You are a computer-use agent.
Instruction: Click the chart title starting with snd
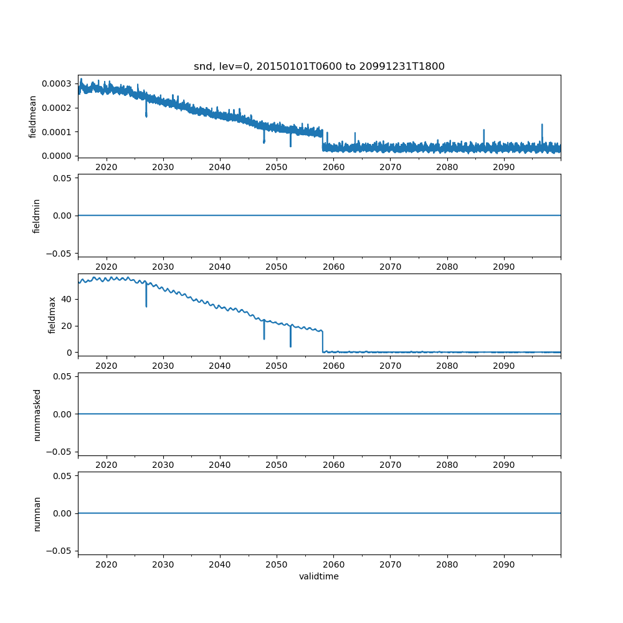[x=319, y=67]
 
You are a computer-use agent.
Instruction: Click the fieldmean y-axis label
[x=33, y=117]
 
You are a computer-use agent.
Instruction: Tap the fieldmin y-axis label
[x=37, y=216]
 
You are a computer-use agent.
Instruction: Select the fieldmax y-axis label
[x=52, y=315]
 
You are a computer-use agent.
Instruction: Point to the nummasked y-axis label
[x=37, y=414]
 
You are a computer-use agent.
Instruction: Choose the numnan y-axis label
[x=37, y=513]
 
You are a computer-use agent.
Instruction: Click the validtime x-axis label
[x=319, y=577]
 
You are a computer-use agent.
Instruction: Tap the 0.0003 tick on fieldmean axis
[x=59, y=83]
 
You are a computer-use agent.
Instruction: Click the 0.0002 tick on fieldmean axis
[x=59, y=108]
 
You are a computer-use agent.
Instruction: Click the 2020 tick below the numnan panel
[x=107, y=564]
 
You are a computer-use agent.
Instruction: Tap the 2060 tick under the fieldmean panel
[x=333, y=168]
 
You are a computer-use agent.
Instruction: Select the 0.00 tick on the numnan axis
[x=64, y=513]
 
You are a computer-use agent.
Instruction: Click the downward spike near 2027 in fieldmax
[x=146, y=299]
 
